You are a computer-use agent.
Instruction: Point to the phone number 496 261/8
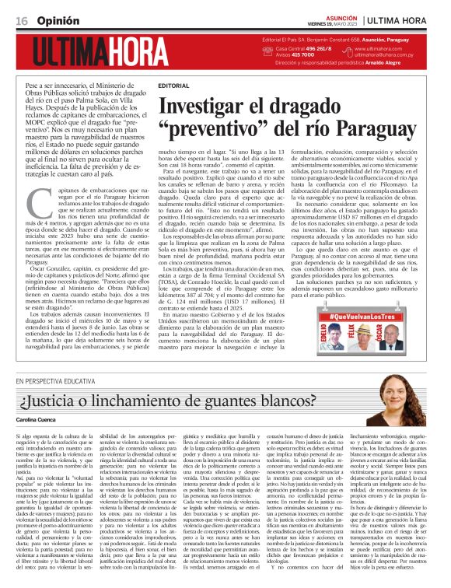(313, 48)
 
